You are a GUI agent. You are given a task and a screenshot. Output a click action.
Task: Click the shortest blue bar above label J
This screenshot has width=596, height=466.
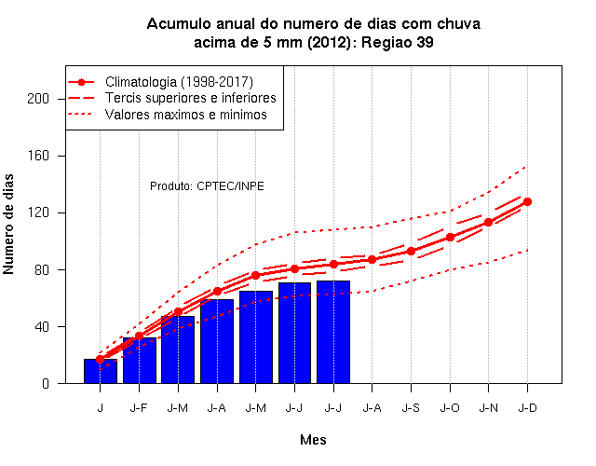click(101, 371)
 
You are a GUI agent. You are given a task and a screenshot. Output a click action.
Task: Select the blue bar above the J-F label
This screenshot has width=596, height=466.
click(140, 361)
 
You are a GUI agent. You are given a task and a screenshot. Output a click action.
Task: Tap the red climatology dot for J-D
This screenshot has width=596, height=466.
click(527, 201)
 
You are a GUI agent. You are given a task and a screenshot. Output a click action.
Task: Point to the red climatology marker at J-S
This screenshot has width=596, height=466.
click(411, 251)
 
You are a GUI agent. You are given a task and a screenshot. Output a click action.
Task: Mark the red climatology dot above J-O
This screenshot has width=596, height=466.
click(450, 237)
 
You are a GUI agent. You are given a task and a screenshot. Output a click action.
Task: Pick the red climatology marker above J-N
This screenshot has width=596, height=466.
click(488, 222)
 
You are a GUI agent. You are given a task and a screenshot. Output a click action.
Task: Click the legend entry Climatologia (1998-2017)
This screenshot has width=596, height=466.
click(179, 82)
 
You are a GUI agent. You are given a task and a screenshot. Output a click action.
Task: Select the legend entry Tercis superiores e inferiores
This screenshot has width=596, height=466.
click(190, 98)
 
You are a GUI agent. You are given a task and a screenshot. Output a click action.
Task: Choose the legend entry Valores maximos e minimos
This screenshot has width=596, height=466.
click(186, 115)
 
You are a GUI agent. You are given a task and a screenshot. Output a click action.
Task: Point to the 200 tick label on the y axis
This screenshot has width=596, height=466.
click(38, 99)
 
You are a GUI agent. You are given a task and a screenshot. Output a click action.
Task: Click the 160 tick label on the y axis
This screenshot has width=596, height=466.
click(38, 156)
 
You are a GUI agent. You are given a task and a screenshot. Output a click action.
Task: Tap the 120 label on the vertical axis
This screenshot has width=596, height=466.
click(38, 212)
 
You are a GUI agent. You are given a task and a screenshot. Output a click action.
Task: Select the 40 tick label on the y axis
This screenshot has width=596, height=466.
click(42, 326)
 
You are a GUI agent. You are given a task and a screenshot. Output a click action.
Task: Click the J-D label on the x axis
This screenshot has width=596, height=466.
click(528, 408)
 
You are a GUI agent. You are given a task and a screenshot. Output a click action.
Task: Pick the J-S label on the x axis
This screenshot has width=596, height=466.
click(411, 408)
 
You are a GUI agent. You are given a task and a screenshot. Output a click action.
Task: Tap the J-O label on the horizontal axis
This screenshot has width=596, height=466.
click(450, 408)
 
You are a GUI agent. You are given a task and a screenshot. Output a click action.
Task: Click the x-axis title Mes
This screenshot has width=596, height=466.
click(313, 440)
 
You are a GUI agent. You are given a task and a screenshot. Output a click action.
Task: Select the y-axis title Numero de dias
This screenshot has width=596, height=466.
click(8, 225)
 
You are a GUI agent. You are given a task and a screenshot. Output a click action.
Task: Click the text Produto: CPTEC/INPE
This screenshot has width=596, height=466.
click(207, 186)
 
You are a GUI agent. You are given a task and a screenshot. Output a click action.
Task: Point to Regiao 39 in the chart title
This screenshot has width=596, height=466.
click(398, 42)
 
